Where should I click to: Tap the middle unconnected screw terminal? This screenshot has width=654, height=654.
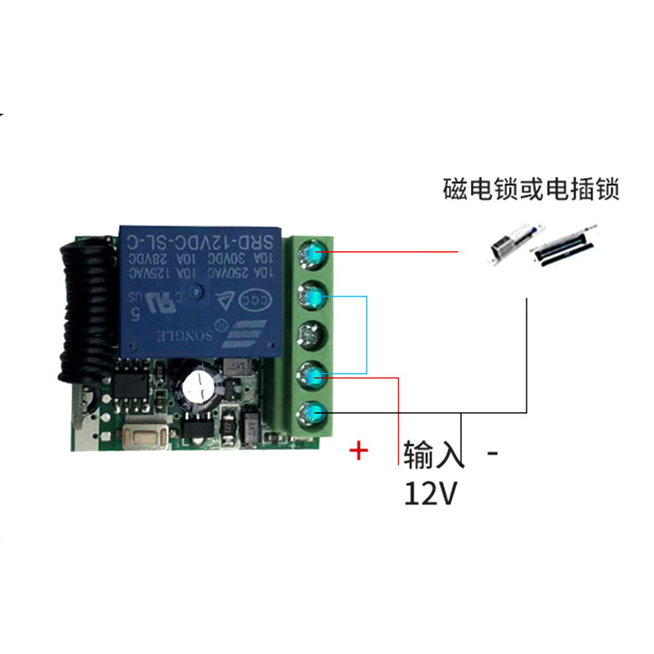coord(311,334)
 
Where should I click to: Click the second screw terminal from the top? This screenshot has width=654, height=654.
coord(311,294)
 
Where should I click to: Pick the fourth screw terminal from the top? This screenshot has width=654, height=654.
coord(311,374)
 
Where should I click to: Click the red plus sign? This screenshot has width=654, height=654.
coord(358,450)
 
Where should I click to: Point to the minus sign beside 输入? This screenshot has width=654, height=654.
coord(492,452)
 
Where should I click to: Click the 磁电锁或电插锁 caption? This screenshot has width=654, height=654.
coord(531,190)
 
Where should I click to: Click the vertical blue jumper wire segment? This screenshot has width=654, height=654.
coord(366,335)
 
